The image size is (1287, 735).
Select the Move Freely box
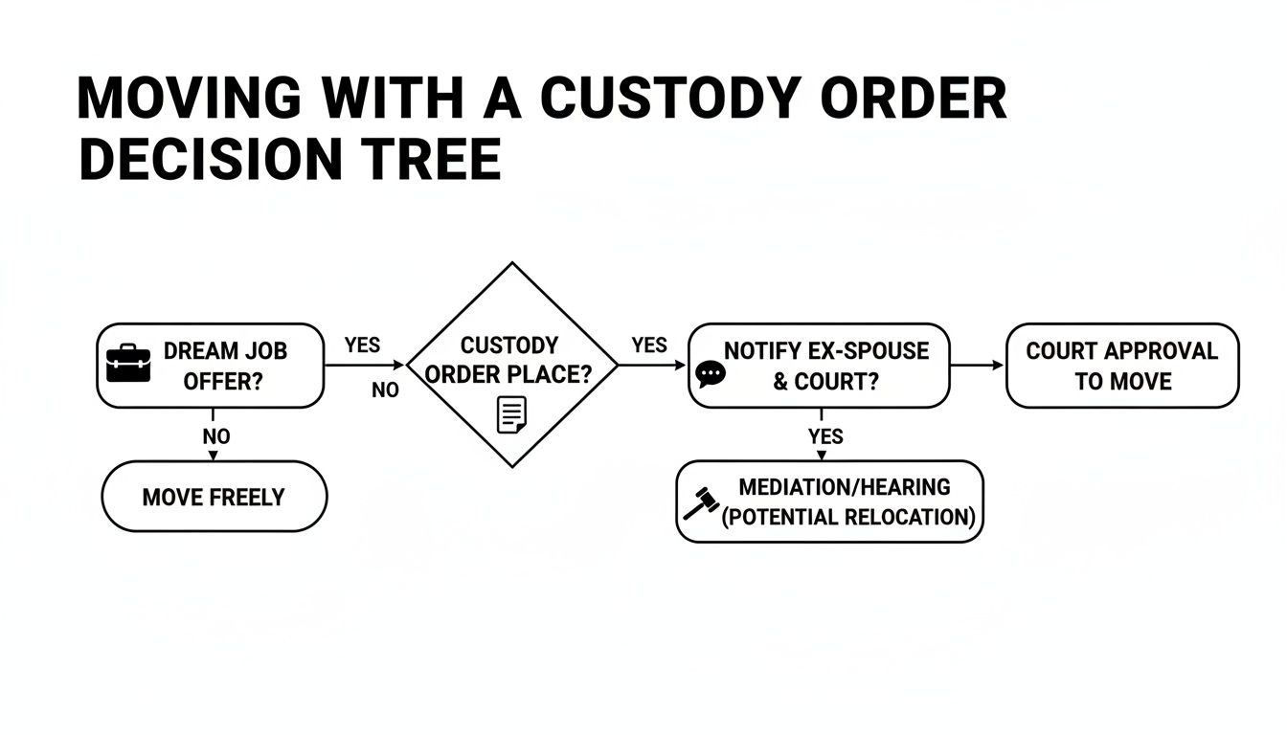tap(214, 497)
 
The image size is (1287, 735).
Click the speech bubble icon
tap(711, 373)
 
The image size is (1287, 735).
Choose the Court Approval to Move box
tap(1121, 366)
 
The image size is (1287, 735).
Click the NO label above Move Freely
tap(216, 436)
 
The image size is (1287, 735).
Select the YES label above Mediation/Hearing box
tap(825, 436)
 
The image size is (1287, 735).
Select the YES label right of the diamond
tap(649, 345)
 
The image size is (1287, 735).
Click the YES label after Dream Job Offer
tap(362, 345)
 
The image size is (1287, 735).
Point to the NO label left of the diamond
tap(385, 390)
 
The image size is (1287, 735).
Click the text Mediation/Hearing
tap(845, 487)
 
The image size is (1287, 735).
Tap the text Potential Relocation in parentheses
tap(847, 518)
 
